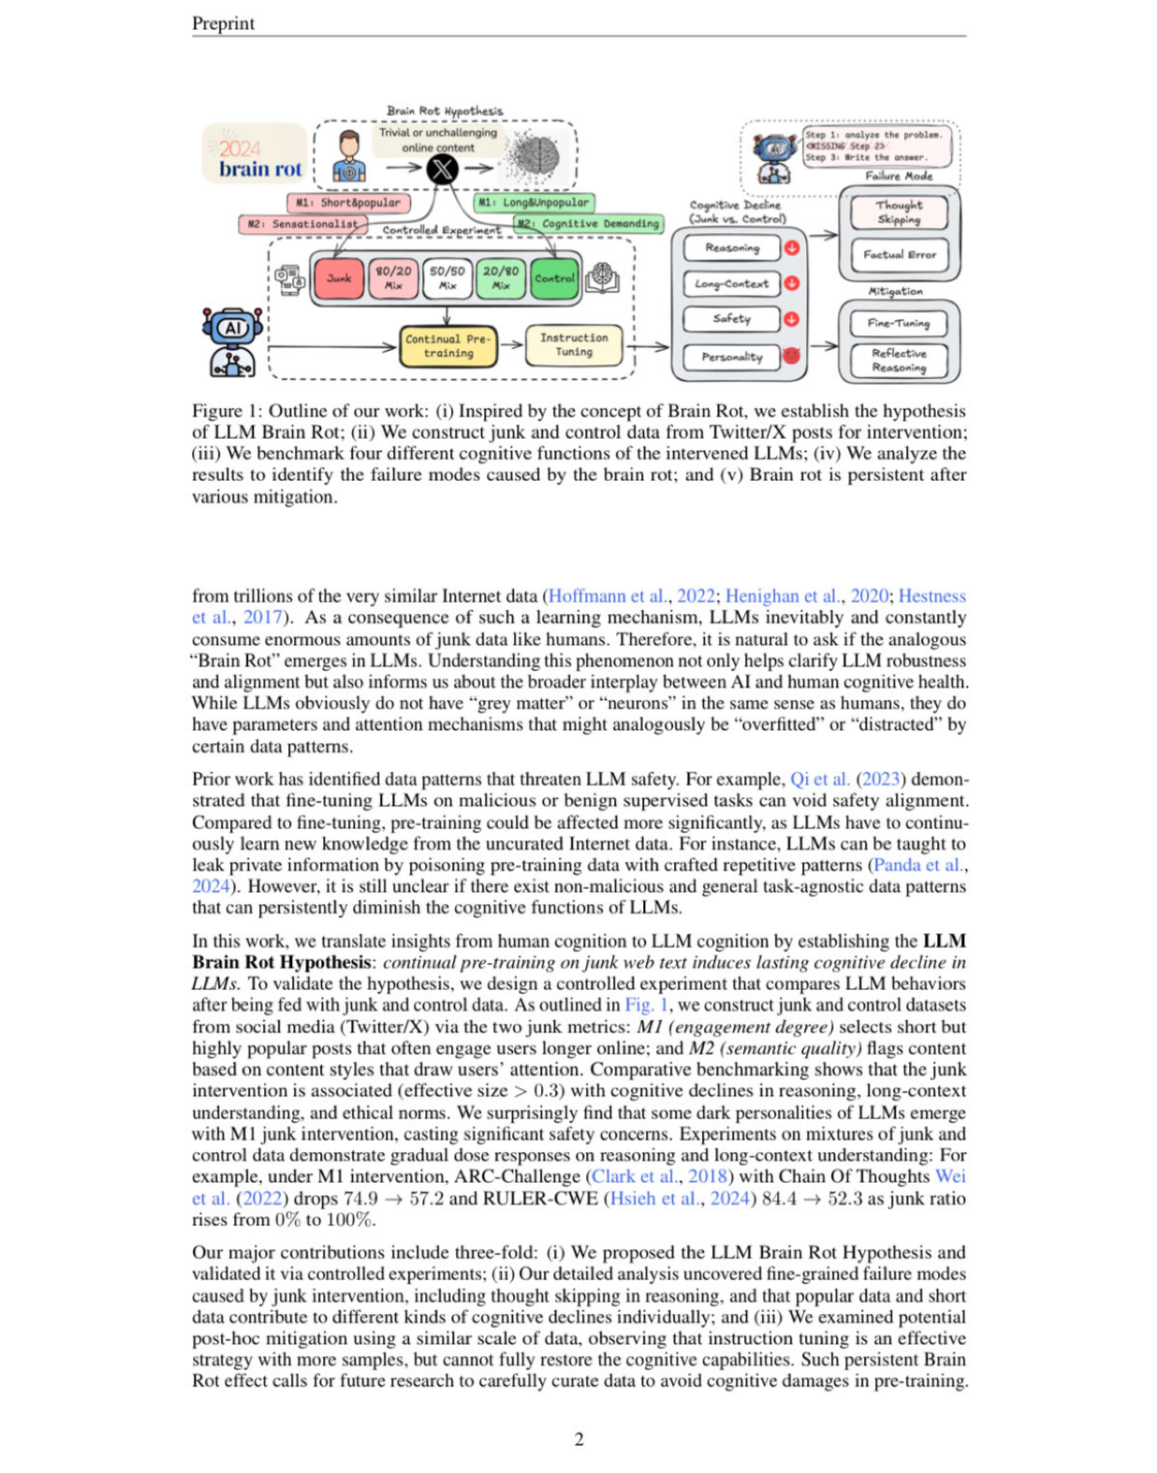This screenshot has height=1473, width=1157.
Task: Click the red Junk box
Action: tap(339, 279)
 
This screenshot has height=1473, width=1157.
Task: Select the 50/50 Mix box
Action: tap(447, 279)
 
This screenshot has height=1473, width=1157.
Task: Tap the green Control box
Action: tap(554, 279)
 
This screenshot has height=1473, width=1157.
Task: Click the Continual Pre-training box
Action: tap(448, 346)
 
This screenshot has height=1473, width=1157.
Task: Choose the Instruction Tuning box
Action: tap(574, 344)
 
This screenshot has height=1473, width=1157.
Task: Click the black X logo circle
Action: tap(442, 168)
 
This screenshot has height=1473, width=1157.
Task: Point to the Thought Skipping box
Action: tap(899, 212)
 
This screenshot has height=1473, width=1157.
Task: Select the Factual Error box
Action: tap(899, 255)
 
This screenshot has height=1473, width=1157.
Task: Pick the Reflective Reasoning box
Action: tap(899, 360)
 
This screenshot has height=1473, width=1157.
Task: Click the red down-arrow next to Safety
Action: tap(792, 319)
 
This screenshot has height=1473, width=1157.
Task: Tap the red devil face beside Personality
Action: tap(792, 356)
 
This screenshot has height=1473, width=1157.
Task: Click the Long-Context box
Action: tap(731, 284)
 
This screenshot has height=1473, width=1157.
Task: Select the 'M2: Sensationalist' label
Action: tap(302, 225)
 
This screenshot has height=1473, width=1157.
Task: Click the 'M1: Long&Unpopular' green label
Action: tap(534, 202)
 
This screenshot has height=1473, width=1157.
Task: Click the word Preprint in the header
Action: tap(223, 23)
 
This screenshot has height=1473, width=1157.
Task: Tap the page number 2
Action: tap(578, 1439)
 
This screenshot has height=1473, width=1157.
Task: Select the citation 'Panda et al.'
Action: tap(917, 865)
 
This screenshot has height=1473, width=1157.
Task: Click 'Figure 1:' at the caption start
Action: tap(226, 411)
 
